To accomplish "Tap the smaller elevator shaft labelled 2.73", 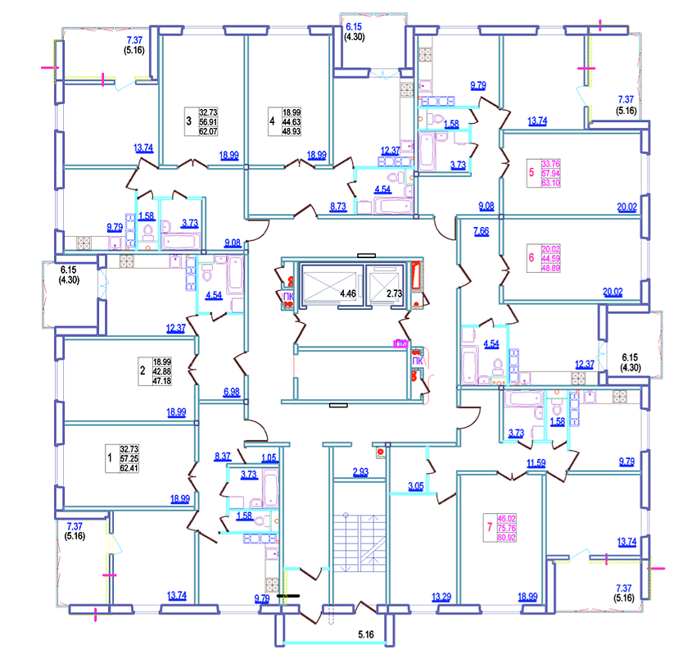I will point(395,293).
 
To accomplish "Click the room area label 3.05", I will point(416,487).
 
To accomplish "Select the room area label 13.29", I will point(441,597).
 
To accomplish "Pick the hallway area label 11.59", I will point(536,464).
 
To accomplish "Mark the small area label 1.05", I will point(269,457).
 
